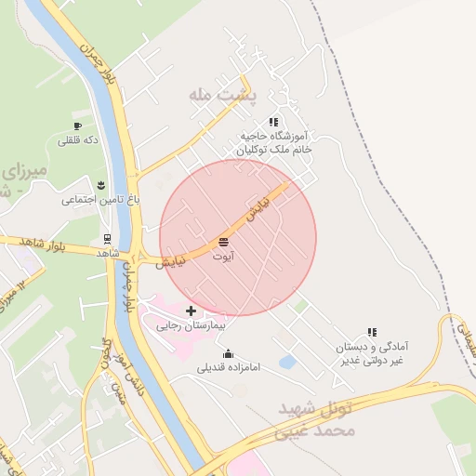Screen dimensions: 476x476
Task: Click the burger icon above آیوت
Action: [x=223, y=242]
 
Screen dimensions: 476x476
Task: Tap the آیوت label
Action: [x=223, y=254]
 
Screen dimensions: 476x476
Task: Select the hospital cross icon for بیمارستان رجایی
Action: [x=192, y=311]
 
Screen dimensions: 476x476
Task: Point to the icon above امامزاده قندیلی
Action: [x=229, y=353]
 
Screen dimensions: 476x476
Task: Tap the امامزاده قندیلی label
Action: [x=229, y=367]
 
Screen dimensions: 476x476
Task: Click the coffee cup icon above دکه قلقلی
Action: [x=77, y=126]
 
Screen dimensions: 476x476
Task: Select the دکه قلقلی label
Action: [x=77, y=140]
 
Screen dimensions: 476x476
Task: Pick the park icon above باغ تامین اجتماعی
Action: [x=100, y=185]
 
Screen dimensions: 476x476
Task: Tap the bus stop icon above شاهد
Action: [x=108, y=239]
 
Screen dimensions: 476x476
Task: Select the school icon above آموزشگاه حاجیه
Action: [x=273, y=122]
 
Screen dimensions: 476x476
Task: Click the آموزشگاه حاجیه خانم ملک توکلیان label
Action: [x=273, y=142]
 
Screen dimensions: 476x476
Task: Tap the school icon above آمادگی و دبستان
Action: [x=372, y=332]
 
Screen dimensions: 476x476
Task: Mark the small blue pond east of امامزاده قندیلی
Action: [x=288, y=361]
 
